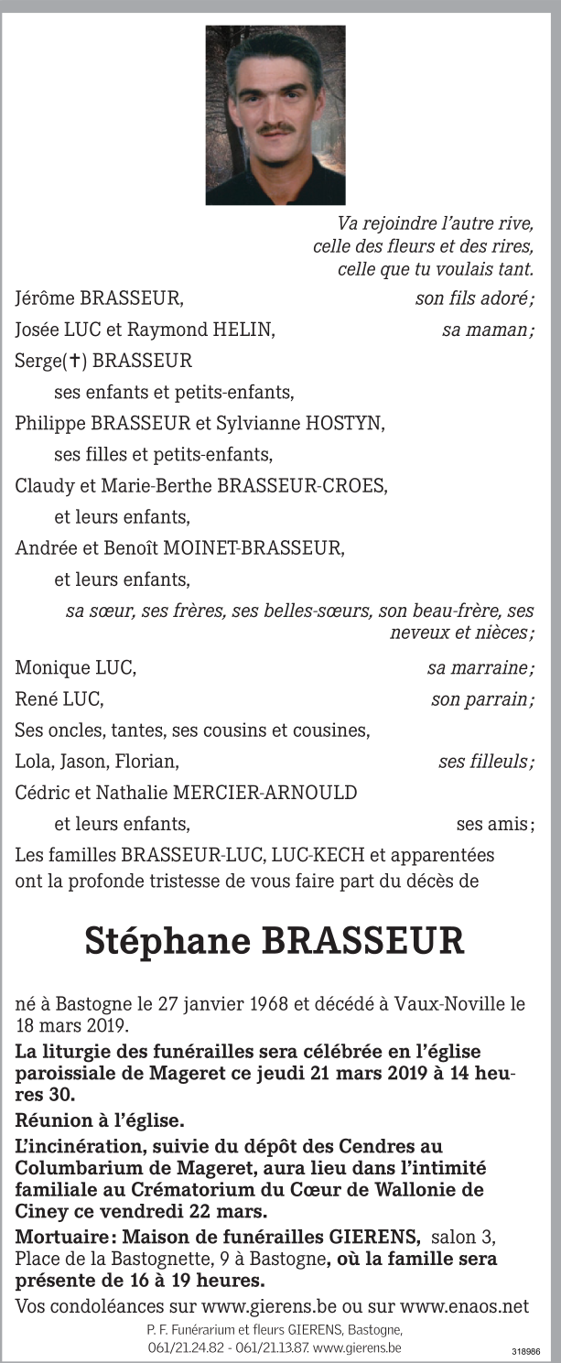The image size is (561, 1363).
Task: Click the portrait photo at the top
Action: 275,114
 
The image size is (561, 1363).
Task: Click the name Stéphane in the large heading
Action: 167,940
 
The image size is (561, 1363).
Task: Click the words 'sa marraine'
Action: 480,668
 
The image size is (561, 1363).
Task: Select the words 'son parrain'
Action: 482,700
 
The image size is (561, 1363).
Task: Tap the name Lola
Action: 33,762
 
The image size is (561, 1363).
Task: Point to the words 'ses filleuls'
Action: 486,762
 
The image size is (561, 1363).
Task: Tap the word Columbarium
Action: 72,1168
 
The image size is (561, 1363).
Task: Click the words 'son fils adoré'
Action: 474,298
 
